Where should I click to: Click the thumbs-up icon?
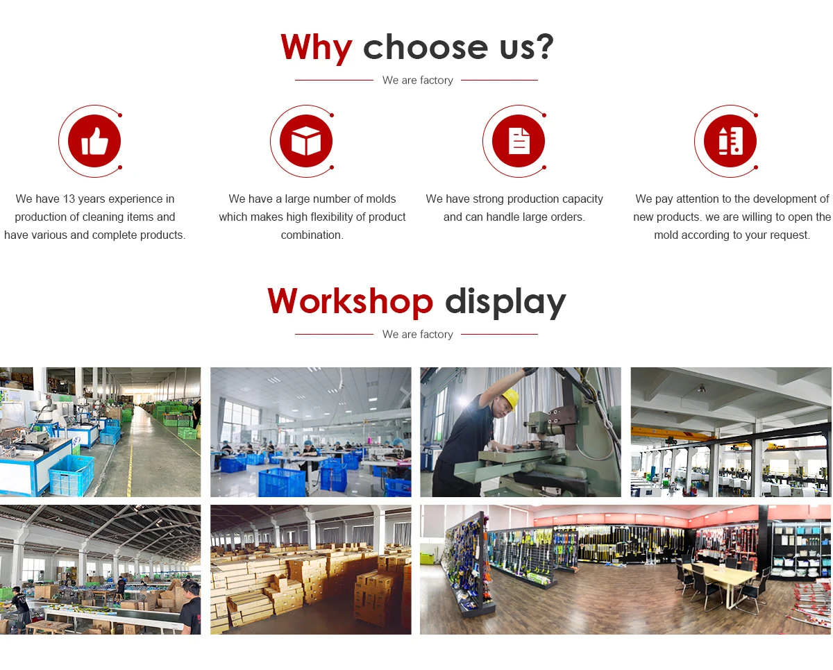click(95, 142)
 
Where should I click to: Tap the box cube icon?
click(306, 140)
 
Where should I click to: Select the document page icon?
click(519, 140)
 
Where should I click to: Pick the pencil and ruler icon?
click(730, 141)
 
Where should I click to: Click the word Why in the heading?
click(317, 48)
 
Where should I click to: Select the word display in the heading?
click(505, 303)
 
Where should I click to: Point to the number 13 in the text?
click(69, 199)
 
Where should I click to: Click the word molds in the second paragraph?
click(381, 199)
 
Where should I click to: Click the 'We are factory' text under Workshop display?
click(417, 334)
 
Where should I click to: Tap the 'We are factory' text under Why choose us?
click(417, 80)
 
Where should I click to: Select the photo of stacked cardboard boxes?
click(311, 569)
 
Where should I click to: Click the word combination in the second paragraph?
click(312, 235)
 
